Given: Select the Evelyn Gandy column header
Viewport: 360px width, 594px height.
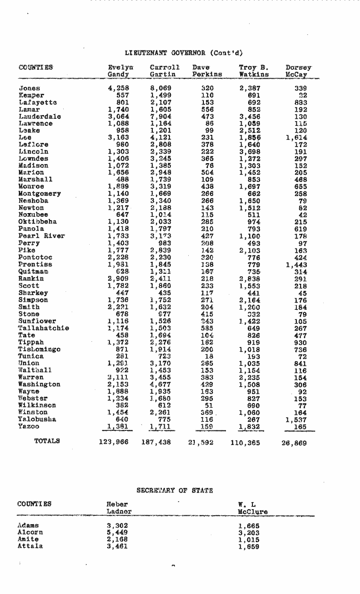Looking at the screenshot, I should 118,71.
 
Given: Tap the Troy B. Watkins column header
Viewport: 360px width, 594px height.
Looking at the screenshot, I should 254,71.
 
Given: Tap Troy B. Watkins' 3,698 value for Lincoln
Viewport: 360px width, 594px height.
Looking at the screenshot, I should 250,152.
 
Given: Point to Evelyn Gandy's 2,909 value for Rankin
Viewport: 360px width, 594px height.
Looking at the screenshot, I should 118,279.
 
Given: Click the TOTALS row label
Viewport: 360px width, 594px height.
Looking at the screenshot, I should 47,442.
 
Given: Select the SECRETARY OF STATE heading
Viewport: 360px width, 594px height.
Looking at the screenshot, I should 175,490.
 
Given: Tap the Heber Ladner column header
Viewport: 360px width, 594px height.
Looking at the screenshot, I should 119,507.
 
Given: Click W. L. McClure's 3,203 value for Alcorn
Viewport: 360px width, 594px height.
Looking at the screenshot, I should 249,534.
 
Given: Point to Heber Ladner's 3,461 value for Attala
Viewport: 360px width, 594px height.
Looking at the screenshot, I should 117,547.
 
